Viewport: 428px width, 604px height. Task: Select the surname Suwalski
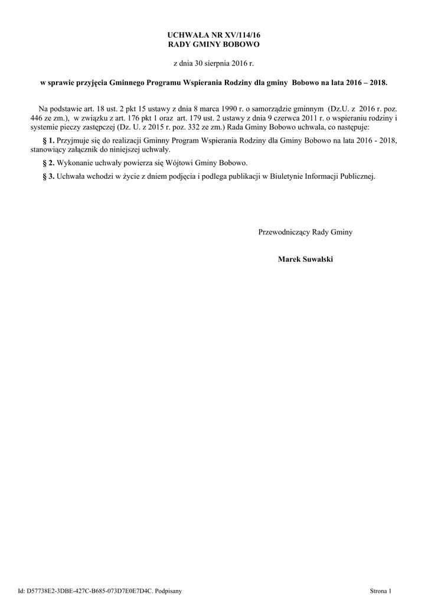(319, 259)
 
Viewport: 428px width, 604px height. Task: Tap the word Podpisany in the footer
(168, 590)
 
